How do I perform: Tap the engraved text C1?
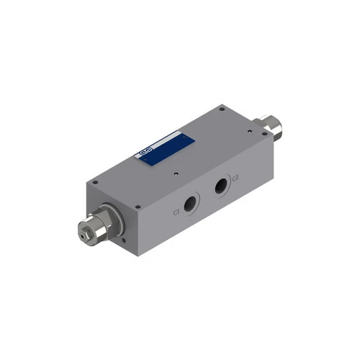tap(176, 212)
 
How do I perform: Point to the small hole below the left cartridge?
tap(125, 240)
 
